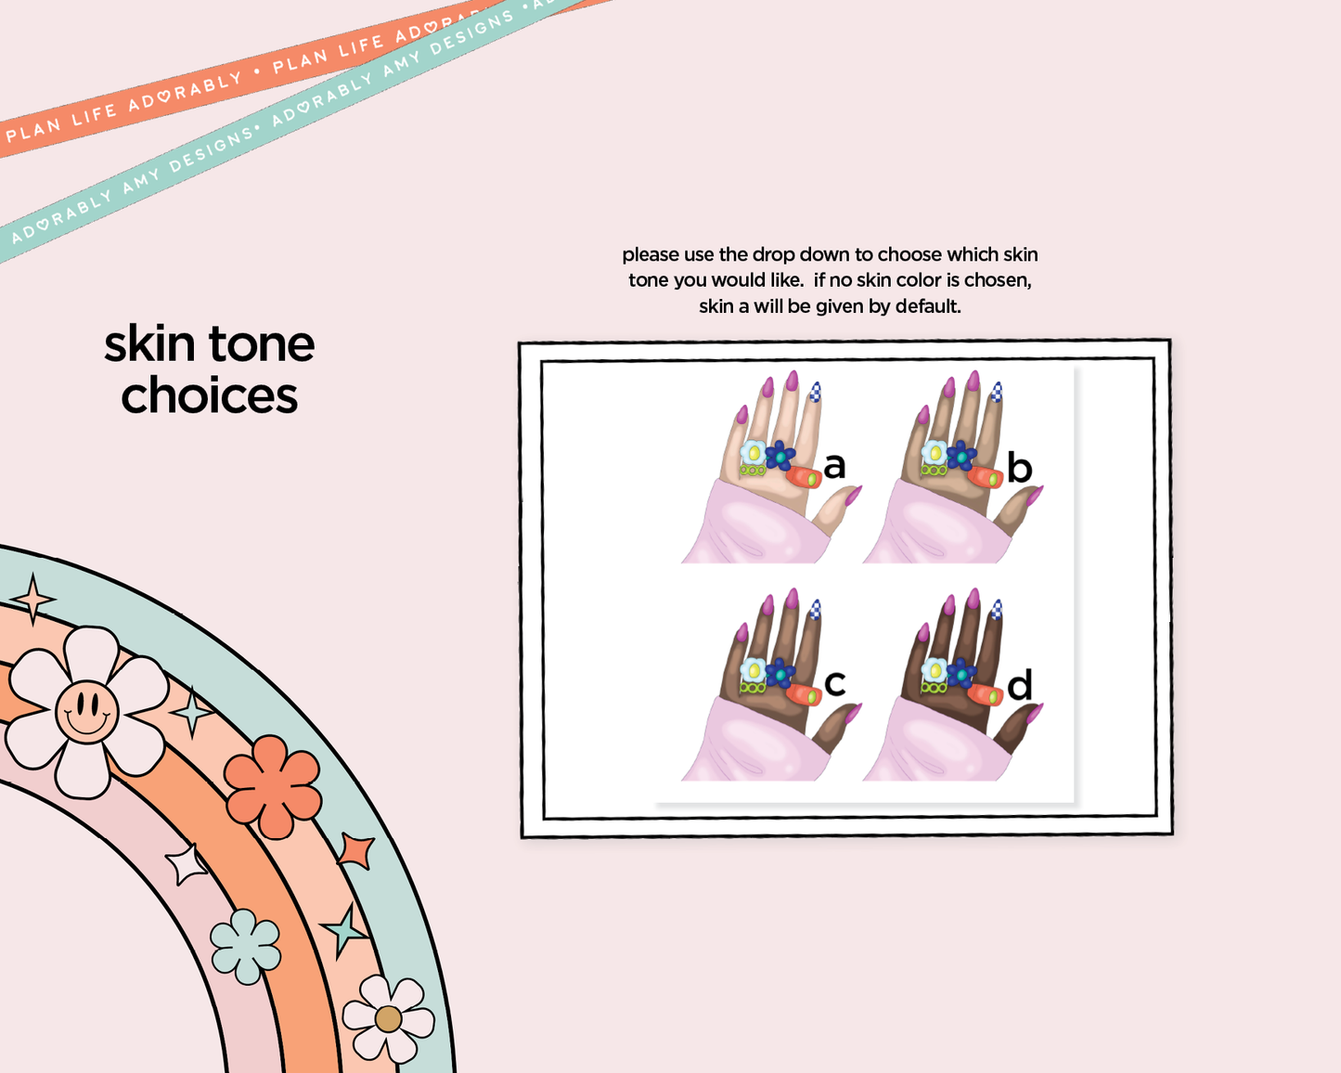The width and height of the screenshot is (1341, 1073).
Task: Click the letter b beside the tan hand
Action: (1020, 468)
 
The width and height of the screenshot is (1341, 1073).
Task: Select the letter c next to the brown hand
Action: (834, 683)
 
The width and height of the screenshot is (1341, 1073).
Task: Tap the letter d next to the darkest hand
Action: (1020, 684)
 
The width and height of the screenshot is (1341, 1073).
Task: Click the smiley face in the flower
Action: (86, 711)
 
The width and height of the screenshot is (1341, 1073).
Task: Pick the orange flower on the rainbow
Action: (273, 787)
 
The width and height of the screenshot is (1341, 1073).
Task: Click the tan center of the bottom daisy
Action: (388, 1019)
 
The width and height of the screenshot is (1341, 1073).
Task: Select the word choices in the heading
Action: (210, 395)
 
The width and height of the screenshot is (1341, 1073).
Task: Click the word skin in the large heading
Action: (149, 343)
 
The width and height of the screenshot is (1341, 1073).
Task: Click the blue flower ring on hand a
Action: (780, 456)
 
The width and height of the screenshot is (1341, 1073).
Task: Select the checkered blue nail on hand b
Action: (997, 392)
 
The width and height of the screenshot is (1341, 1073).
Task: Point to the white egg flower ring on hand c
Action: (754, 670)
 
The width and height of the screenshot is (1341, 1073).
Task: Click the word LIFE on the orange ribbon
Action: (94, 115)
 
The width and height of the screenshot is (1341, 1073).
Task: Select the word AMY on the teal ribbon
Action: (140, 180)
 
